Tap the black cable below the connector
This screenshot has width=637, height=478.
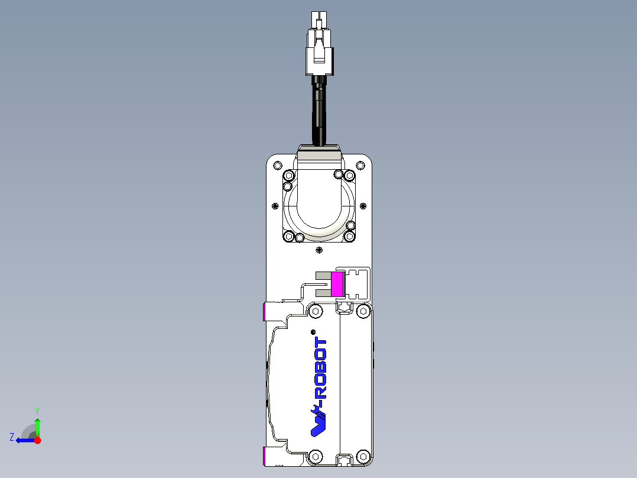pyautogui.click(x=319, y=112)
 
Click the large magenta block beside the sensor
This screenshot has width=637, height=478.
pyautogui.click(x=337, y=284)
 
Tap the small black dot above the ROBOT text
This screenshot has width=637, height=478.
pyautogui.click(x=313, y=331)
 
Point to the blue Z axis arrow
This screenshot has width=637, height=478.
pyautogui.click(x=24, y=440)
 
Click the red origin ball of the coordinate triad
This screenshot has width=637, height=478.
pyautogui.click(x=37, y=440)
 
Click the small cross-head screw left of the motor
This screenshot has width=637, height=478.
pyautogui.click(x=275, y=206)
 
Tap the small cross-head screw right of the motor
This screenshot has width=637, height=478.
pyautogui.click(x=363, y=206)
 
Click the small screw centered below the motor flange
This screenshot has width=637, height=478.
pyautogui.click(x=319, y=250)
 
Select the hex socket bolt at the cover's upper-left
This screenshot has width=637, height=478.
pyautogui.click(x=316, y=311)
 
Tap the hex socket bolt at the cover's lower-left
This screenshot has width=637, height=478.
pyautogui.click(x=316, y=456)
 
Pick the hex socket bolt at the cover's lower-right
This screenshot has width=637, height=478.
pyautogui.click(x=363, y=456)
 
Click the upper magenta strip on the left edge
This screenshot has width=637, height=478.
pyautogui.click(x=264, y=311)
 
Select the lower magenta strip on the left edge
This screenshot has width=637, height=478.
pyautogui.click(x=264, y=456)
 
